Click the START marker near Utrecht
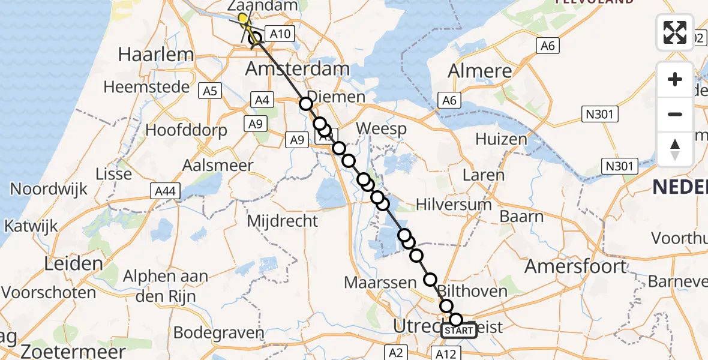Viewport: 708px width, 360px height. pyautogui.click(x=459, y=331)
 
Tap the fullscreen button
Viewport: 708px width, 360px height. pyautogui.click(x=675, y=32)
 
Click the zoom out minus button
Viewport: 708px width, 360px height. pyautogui.click(x=675, y=114)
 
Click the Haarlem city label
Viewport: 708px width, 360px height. pyautogui.click(x=156, y=55)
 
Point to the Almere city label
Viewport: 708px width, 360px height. pyautogui.click(x=480, y=71)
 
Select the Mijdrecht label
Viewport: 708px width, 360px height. pyautogui.click(x=282, y=221)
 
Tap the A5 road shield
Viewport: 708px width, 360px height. pyautogui.click(x=211, y=91)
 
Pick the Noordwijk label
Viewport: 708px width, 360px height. pyautogui.click(x=49, y=189)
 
